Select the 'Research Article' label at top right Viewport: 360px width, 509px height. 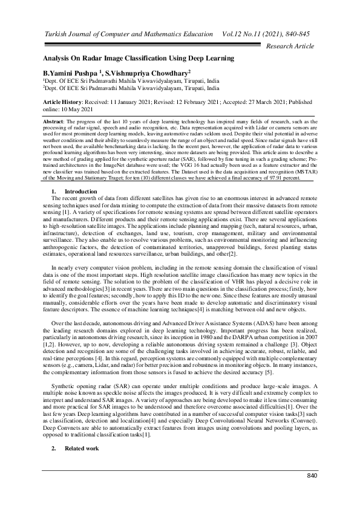tap(290, 46)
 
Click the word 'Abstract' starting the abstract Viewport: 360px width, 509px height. tap(53, 122)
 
